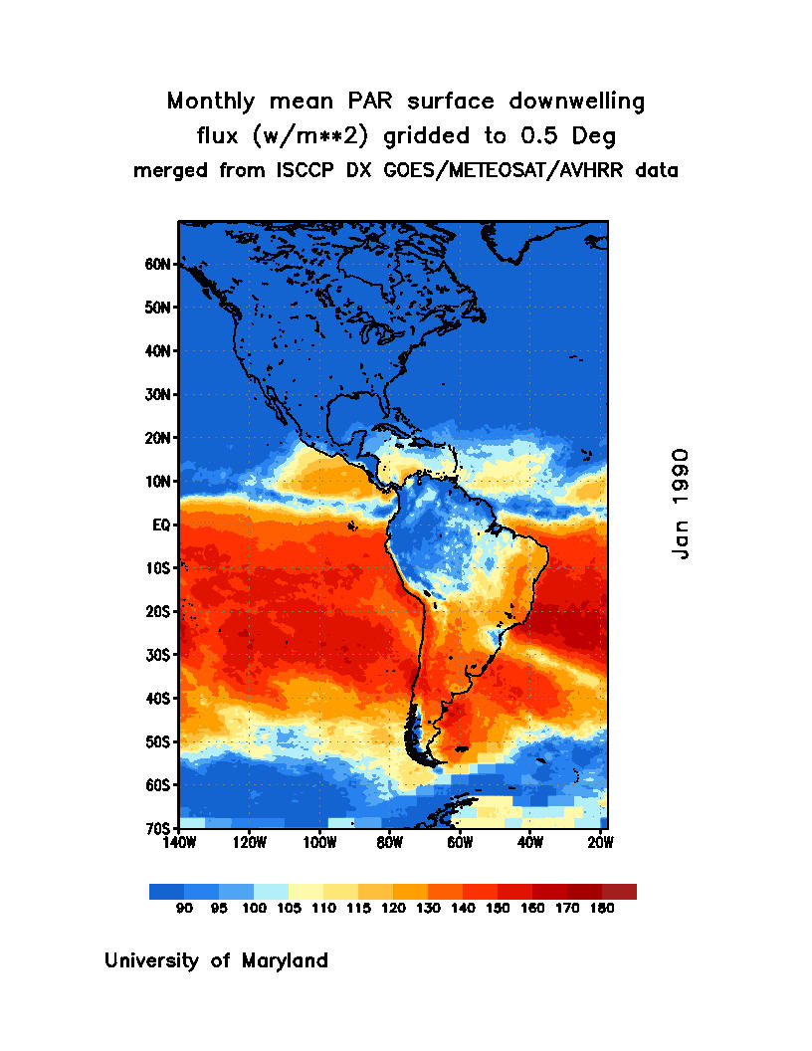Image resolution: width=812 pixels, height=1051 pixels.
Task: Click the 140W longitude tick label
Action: pyautogui.click(x=179, y=843)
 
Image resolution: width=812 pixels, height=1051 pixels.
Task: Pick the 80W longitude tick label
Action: pyautogui.click(x=389, y=843)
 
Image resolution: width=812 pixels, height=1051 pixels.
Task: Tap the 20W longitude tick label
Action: pyautogui.click(x=600, y=843)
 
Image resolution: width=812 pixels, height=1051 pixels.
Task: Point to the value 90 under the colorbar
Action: pyautogui.click(x=184, y=908)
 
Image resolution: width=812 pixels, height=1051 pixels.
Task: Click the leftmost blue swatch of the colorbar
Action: pyautogui.click(x=166, y=892)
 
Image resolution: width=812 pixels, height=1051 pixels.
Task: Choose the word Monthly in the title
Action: pyautogui.click(x=208, y=102)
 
